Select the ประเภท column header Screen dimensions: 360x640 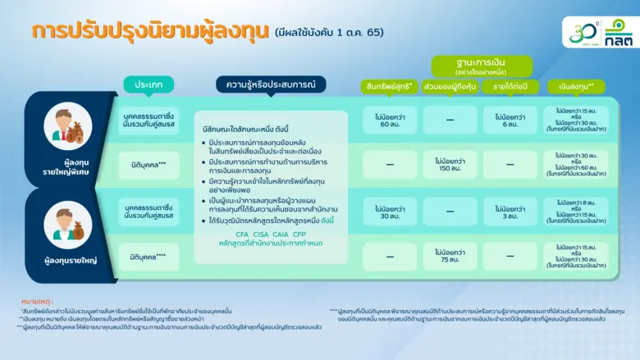pos(149,84)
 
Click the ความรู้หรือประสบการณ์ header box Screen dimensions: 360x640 pos(271,84)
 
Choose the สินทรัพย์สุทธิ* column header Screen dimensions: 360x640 pos(388,87)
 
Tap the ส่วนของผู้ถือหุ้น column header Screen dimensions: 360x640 pos(450,87)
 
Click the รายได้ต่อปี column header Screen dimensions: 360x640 pos(510,87)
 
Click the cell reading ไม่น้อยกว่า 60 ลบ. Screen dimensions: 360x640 pos(390,119)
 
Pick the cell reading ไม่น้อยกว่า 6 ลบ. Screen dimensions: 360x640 pos(510,119)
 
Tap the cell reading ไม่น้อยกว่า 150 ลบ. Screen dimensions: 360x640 pos(450,164)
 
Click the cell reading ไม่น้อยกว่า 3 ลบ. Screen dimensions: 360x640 pos(510,211)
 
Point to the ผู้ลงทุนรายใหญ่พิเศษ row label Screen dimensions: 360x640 pos(69,167)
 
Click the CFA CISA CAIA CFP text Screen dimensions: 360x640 pos(271,233)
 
